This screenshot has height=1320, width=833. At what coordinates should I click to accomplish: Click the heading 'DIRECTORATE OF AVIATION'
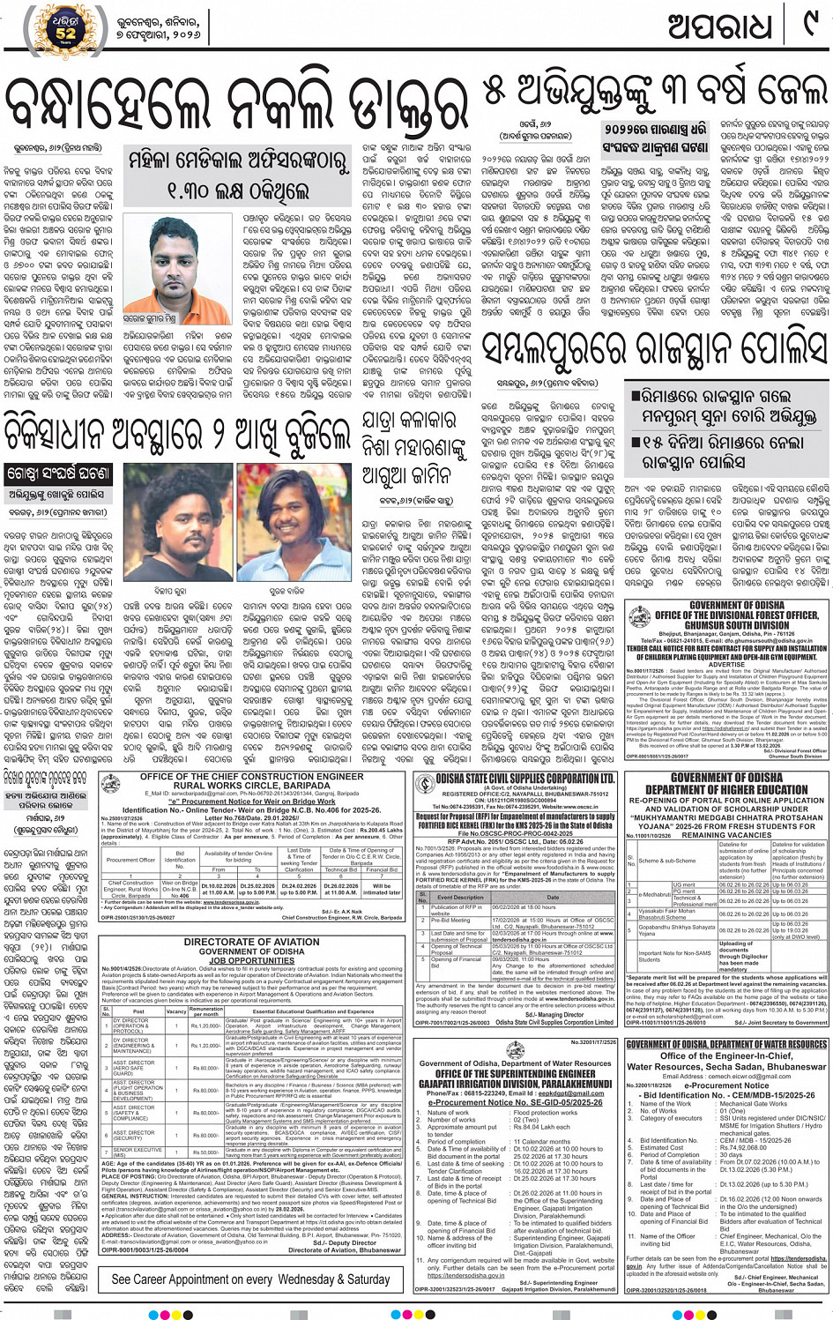click(251, 943)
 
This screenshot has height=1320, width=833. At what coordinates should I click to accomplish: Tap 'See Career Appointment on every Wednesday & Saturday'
click(250, 1279)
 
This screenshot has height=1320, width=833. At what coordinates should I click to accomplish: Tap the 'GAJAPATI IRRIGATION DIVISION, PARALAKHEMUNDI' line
click(516, 1084)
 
